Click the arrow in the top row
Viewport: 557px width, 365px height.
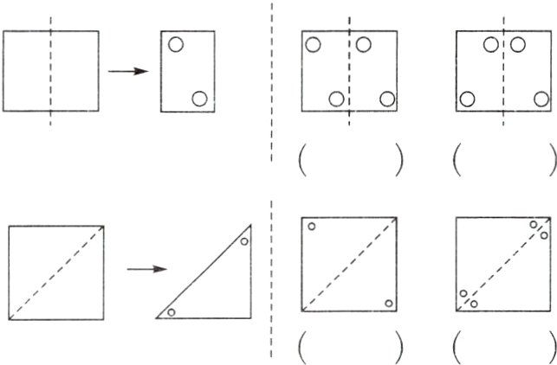click(126, 71)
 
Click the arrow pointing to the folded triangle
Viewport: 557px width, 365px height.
click(146, 269)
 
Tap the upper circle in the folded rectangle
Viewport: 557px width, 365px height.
click(176, 45)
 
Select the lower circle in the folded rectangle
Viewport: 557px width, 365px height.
click(200, 98)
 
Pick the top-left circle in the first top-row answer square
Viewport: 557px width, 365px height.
click(314, 45)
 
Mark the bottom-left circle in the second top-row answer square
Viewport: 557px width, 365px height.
click(468, 98)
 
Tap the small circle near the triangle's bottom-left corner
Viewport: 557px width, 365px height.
click(172, 311)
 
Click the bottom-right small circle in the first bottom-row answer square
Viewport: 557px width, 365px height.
click(388, 303)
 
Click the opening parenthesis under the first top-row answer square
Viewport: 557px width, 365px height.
click(302, 161)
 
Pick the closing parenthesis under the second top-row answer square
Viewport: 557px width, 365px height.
click(552, 161)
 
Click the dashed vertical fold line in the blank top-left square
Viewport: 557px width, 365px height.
click(50, 71)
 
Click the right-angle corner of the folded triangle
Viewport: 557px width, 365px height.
click(251, 317)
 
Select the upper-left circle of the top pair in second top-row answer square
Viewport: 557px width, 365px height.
click(491, 45)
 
